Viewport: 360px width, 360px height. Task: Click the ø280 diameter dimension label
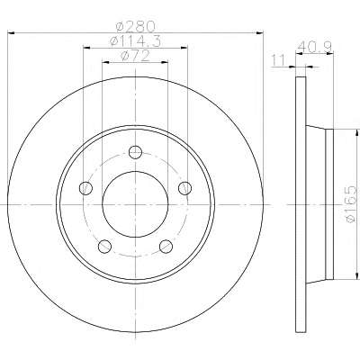point(136,26)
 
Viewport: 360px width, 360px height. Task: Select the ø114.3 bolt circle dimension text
point(135,40)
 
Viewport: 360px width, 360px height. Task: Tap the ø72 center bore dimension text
point(135,56)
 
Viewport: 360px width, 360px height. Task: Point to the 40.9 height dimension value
point(315,47)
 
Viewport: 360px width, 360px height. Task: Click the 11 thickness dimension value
point(278,61)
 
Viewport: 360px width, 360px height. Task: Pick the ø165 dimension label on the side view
point(351,204)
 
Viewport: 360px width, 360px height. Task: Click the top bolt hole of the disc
point(135,152)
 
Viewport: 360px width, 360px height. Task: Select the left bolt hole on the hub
point(85,188)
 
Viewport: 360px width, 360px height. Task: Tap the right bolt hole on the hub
point(184,188)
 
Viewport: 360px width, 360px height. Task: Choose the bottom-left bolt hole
point(104,246)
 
